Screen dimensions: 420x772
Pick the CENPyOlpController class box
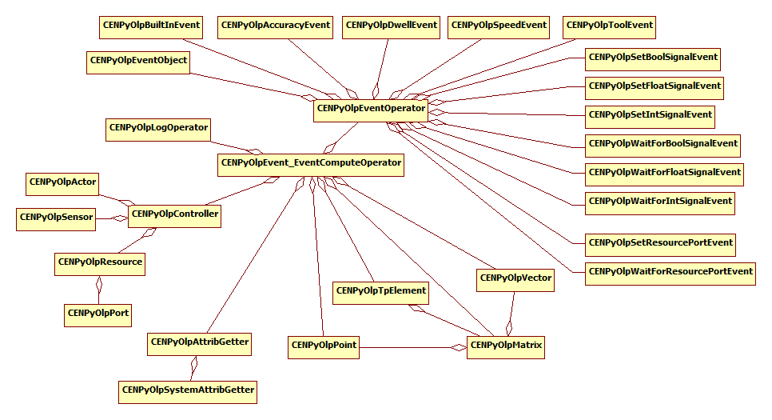(174, 215)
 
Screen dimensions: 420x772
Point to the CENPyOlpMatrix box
(506, 346)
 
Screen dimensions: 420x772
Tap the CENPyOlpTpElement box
(381, 291)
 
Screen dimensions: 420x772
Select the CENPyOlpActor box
(62, 183)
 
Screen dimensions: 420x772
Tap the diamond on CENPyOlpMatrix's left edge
(458, 347)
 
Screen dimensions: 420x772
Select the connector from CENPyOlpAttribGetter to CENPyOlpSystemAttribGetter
(193, 367)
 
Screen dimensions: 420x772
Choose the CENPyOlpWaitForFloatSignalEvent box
(664, 173)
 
